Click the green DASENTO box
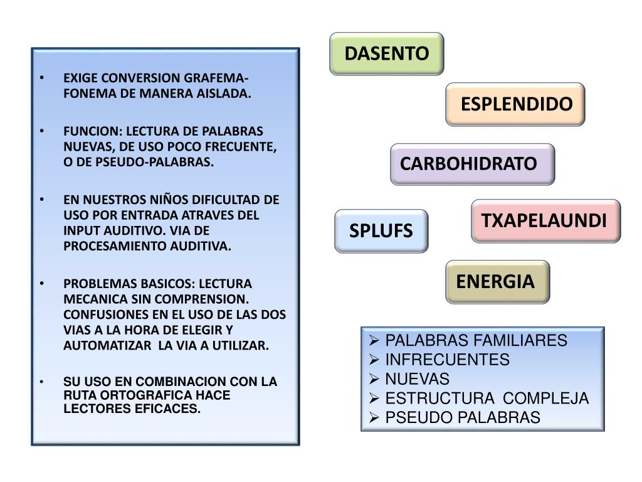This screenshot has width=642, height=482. pos(387,53)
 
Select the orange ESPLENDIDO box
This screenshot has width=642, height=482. pos(515,104)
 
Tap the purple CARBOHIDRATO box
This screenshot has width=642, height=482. pos(471,164)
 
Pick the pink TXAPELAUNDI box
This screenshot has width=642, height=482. pos(545,221)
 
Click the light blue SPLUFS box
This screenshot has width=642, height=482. pos(381,231)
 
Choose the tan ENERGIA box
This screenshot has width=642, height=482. pos(497,281)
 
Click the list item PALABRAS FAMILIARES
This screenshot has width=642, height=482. pos(475,341)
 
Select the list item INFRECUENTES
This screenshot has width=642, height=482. pos(447,360)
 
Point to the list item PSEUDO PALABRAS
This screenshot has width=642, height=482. pos(462,417)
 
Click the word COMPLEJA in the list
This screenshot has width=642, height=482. pos(546,399)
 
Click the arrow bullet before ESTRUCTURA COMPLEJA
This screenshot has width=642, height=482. pos(374,399)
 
